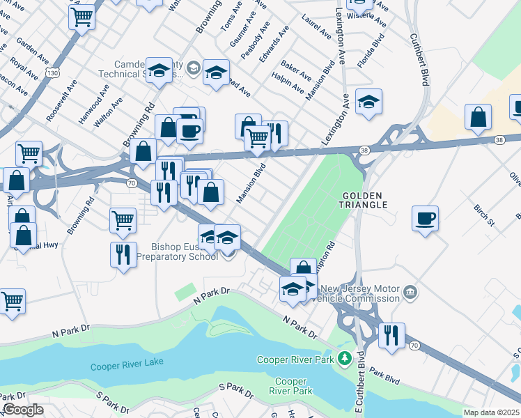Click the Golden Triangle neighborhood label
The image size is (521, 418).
(364, 199)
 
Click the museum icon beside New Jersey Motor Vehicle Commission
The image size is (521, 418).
(410, 291)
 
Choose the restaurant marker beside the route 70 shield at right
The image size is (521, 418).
(392, 336)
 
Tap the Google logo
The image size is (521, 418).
(23, 410)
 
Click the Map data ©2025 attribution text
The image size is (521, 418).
(492, 412)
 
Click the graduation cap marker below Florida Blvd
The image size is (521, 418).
(368, 102)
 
